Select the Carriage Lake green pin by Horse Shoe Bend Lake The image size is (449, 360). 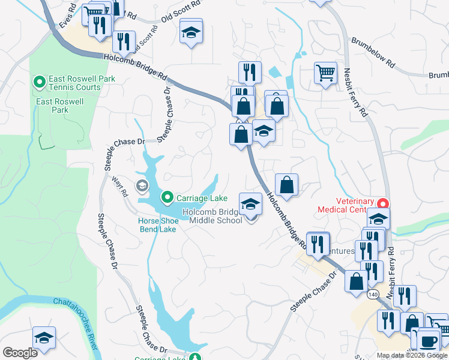(168, 197)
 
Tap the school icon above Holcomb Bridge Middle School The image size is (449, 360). (250, 205)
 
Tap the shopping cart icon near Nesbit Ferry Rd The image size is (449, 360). (325, 73)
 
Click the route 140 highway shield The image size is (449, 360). (372, 295)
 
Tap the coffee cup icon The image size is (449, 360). (429, 341)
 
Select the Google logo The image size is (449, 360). (20, 353)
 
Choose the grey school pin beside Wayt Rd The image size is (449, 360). (142, 185)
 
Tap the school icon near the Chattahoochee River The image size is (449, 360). (44, 338)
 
